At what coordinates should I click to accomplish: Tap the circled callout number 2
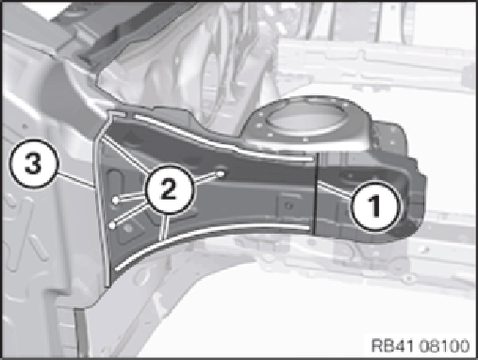click(x=169, y=189)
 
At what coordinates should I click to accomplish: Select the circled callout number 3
click(x=33, y=164)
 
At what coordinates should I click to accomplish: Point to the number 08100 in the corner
click(x=444, y=345)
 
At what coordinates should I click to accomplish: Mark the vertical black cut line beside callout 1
click(x=315, y=193)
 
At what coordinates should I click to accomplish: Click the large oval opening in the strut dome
click(x=304, y=120)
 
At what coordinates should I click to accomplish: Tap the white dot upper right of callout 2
click(x=221, y=173)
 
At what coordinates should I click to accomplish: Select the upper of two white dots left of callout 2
click(x=116, y=201)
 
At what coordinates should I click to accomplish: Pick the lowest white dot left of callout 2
click(x=112, y=225)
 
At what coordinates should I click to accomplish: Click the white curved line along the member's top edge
click(x=220, y=140)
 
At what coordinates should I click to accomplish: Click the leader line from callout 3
click(x=76, y=180)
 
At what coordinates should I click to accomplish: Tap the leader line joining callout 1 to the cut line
click(x=335, y=189)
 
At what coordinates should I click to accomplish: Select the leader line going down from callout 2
click(x=164, y=227)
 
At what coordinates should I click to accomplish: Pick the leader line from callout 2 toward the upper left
click(x=126, y=155)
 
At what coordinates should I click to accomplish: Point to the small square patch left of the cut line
click(x=288, y=205)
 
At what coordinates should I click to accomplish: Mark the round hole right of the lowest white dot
click(x=128, y=229)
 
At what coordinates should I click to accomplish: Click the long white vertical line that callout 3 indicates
click(x=101, y=201)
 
